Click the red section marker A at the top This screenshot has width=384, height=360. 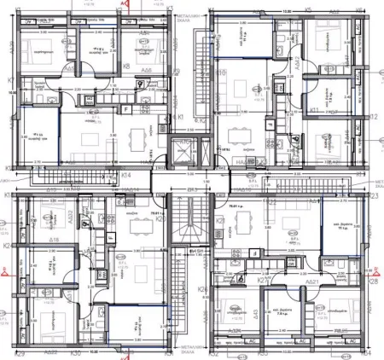[125, 3]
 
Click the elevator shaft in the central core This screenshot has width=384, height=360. [182, 153]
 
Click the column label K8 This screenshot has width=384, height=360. [126, 65]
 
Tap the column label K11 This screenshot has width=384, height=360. [314, 111]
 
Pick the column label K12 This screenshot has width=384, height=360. [374, 117]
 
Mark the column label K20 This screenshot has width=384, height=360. [160, 218]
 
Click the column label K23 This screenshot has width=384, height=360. [373, 196]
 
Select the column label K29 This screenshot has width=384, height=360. [20, 353]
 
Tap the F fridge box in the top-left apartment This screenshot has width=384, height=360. [125, 109]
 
